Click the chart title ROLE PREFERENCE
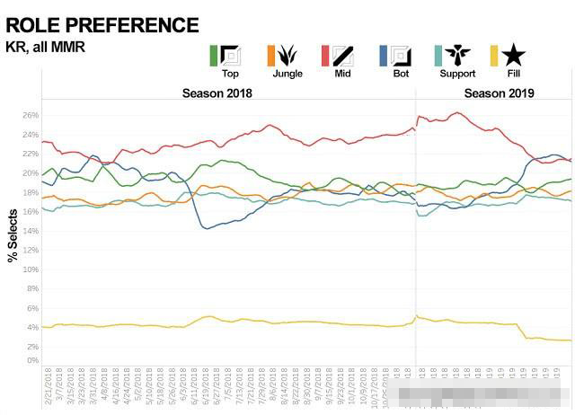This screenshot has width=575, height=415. click(102, 24)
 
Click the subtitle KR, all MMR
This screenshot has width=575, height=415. click(46, 47)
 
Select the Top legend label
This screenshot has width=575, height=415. click(230, 73)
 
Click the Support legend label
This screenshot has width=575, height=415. click(456, 73)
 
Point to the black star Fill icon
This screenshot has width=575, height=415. click(515, 55)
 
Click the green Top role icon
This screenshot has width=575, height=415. click(230, 55)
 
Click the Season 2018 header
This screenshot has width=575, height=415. click(217, 93)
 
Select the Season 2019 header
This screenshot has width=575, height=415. click(499, 93)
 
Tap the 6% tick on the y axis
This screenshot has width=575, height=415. click(31, 308)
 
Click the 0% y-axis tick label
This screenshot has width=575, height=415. click(31, 360)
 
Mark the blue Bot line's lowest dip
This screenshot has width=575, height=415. click(208, 228)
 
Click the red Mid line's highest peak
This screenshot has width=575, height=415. click(457, 112)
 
